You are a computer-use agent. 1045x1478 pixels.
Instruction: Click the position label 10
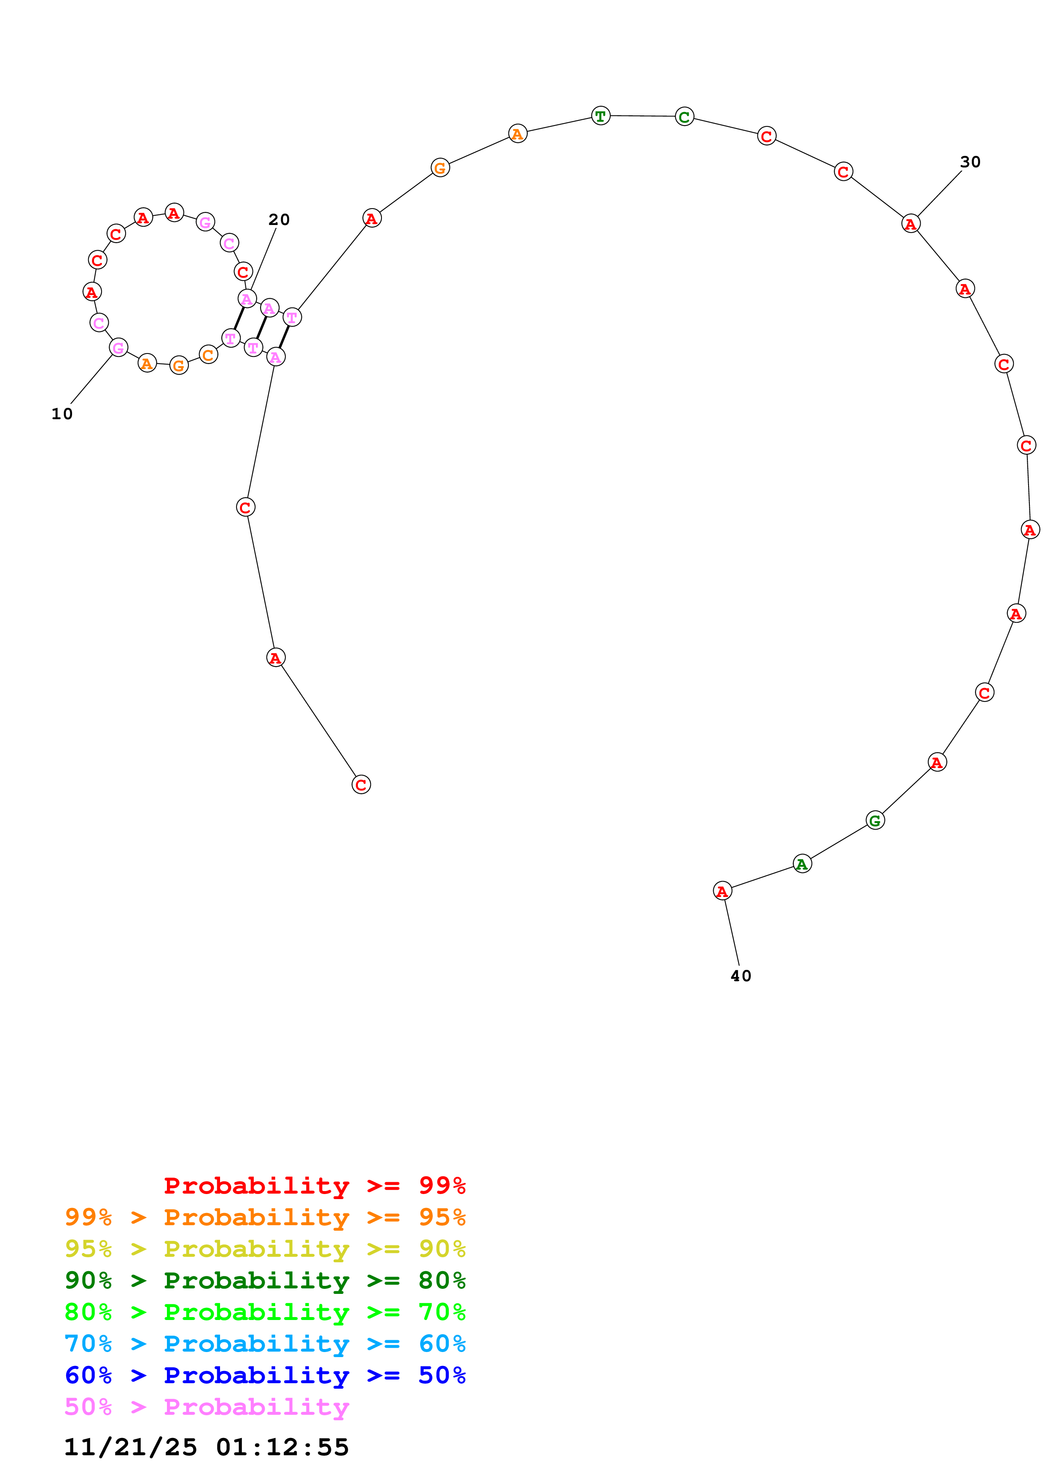62,414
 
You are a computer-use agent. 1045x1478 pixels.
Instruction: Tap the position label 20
279,220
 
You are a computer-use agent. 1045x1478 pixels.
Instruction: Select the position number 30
970,162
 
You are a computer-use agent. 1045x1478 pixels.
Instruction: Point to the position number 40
741,976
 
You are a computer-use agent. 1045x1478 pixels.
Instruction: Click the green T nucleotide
600,116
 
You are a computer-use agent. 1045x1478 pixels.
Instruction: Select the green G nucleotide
874,820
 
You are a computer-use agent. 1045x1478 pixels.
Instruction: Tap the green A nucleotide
802,864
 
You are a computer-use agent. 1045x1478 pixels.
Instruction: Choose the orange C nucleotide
208,355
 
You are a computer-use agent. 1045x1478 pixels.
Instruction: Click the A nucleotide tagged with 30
910,224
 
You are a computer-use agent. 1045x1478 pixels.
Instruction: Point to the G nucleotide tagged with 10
118,348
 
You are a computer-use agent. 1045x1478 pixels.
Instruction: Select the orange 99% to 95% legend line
265,1217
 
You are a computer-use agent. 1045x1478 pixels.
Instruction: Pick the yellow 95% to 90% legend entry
265,1249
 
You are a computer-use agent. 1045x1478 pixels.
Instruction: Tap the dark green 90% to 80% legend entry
265,1280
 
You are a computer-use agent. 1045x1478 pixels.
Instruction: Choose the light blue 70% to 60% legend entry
265,1344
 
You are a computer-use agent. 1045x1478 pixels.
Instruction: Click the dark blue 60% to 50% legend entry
265,1375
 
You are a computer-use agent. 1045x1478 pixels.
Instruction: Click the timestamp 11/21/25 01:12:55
206,1447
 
